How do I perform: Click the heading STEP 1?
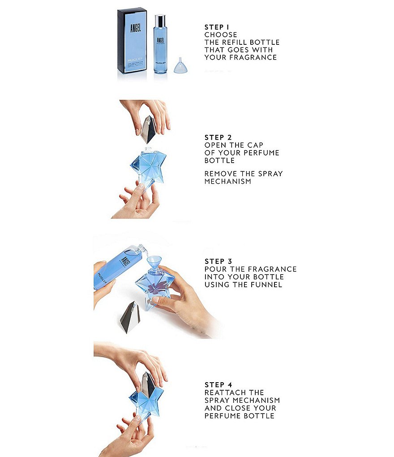click(217, 27)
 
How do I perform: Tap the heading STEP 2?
click(218, 137)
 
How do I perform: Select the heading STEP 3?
click(218, 261)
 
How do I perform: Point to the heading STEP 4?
click(218, 385)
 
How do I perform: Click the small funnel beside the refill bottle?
click(180, 65)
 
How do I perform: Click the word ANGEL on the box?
click(135, 28)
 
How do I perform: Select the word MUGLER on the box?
click(135, 60)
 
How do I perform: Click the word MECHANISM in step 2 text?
click(228, 181)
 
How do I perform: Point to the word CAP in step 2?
click(255, 145)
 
